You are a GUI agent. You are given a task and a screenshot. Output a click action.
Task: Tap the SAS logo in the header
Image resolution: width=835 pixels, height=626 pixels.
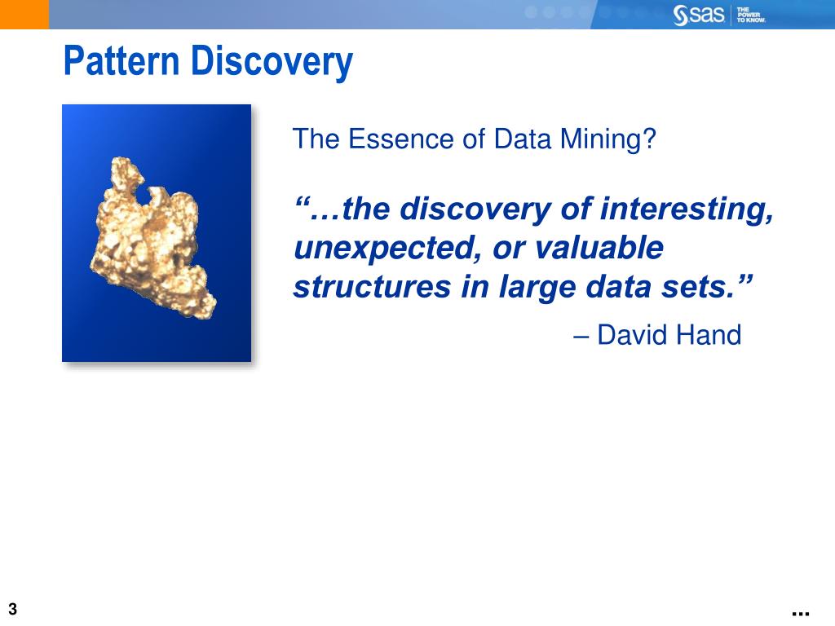[699, 15]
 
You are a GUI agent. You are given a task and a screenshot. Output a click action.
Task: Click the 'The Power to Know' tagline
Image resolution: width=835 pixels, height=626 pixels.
[751, 15]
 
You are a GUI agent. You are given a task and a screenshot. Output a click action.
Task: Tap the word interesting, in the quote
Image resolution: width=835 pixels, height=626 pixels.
[687, 209]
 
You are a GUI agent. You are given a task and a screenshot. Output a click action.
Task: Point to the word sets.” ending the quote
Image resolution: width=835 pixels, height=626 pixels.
[714, 288]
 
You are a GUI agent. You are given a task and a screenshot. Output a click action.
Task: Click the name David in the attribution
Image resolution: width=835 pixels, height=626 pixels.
[638, 334]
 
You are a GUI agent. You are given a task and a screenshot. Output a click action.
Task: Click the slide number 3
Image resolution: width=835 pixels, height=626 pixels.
[13, 609]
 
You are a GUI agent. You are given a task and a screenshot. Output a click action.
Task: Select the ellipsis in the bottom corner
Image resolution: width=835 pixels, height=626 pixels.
[799, 612]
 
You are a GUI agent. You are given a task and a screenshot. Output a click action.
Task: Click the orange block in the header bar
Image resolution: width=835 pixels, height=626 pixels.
[24, 14]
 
